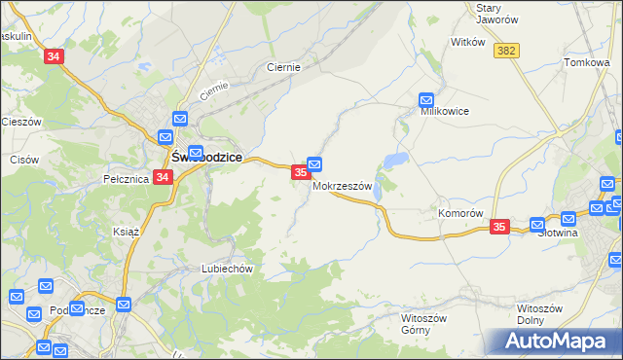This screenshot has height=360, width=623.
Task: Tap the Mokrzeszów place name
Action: (x=342, y=188)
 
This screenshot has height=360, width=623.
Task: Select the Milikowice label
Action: (x=445, y=111)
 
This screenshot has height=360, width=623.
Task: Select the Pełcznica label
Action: (x=125, y=179)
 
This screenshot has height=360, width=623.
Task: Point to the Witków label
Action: (x=468, y=42)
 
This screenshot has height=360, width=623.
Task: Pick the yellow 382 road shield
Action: (x=505, y=51)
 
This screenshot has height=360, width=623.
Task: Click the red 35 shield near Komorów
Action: (x=499, y=227)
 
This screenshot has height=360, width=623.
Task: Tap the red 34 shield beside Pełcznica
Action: (x=163, y=177)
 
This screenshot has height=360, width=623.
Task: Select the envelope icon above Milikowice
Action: (x=426, y=98)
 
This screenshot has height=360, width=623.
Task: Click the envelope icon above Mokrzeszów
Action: (x=315, y=164)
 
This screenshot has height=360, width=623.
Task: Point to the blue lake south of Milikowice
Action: (x=396, y=161)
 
